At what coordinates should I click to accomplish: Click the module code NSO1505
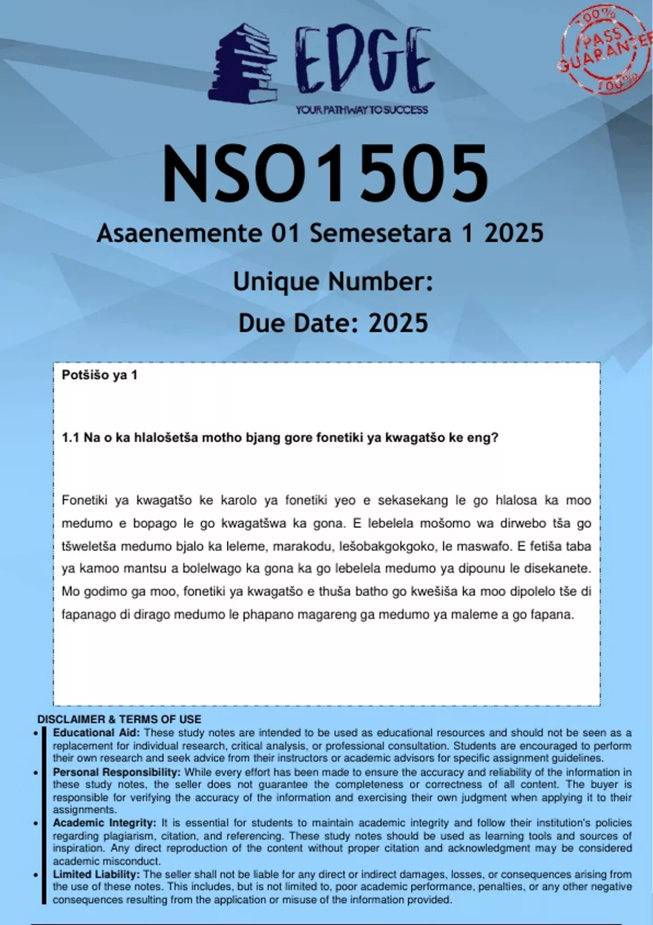point(325,174)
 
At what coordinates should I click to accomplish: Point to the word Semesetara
point(380,233)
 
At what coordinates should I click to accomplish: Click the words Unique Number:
point(332,282)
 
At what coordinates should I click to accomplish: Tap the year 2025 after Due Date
point(398,323)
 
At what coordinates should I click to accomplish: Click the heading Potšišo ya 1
point(100,375)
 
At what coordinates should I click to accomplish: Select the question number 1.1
point(71,437)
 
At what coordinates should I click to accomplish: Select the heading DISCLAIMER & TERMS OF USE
point(119,719)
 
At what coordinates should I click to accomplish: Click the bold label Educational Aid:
point(96,732)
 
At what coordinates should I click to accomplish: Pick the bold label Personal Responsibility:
point(116,772)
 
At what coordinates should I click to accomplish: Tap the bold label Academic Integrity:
point(104,823)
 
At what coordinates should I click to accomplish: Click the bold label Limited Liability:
point(96,874)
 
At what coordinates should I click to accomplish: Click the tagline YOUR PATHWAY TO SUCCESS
point(362,110)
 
